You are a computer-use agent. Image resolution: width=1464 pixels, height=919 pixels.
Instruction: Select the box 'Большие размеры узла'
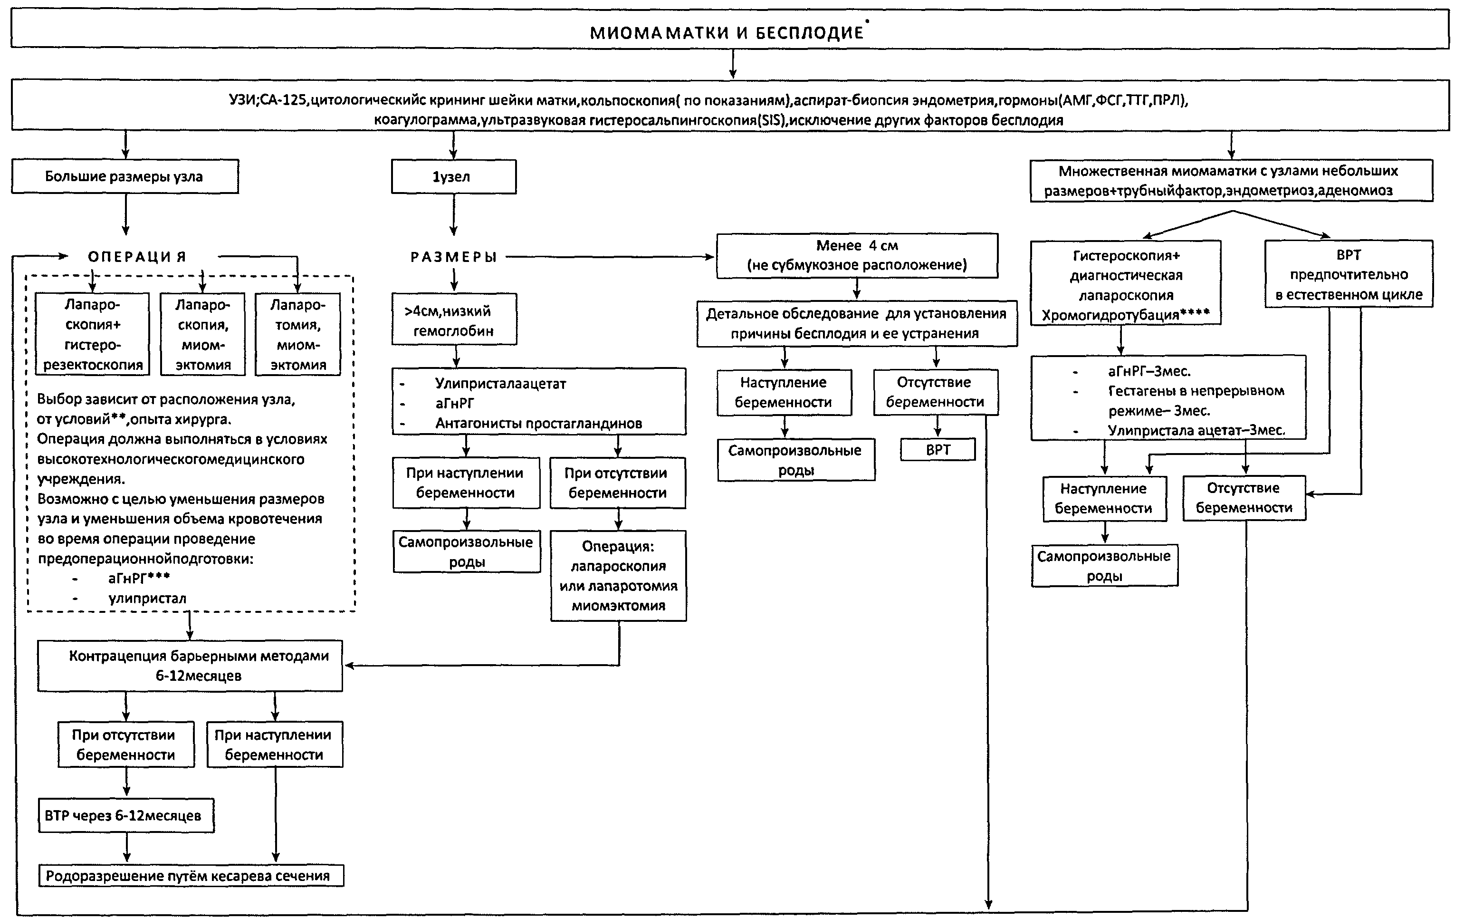(124, 176)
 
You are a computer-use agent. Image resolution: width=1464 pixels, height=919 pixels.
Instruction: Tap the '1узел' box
(454, 177)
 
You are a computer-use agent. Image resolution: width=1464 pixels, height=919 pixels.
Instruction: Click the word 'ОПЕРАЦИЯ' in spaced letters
(137, 257)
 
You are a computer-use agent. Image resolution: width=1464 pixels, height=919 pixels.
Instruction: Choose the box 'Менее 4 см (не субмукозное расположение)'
(857, 255)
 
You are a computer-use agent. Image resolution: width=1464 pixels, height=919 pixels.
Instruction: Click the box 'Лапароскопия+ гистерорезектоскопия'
(92, 334)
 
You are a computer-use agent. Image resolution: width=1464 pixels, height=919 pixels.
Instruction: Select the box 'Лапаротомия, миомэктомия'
(297, 334)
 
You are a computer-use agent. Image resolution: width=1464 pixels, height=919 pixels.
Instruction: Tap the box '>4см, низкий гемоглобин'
(454, 319)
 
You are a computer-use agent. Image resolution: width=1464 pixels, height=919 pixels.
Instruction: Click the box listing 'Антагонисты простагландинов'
(539, 401)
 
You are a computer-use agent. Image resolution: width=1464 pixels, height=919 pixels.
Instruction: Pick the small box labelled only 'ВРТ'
(938, 450)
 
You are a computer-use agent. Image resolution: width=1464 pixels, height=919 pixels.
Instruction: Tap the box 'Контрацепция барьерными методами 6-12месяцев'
(190, 666)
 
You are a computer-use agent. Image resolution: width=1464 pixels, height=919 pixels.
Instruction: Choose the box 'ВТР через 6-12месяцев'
(126, 815)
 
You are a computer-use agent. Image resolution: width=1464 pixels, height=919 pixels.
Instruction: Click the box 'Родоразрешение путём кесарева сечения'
(191, 876)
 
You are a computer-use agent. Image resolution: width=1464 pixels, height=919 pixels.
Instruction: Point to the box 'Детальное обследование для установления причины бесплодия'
(857, 323)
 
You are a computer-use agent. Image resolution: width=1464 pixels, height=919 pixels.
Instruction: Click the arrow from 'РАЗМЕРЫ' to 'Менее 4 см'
(611, 257)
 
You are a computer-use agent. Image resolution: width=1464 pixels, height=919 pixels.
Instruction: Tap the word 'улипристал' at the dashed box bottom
(148, 598)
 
